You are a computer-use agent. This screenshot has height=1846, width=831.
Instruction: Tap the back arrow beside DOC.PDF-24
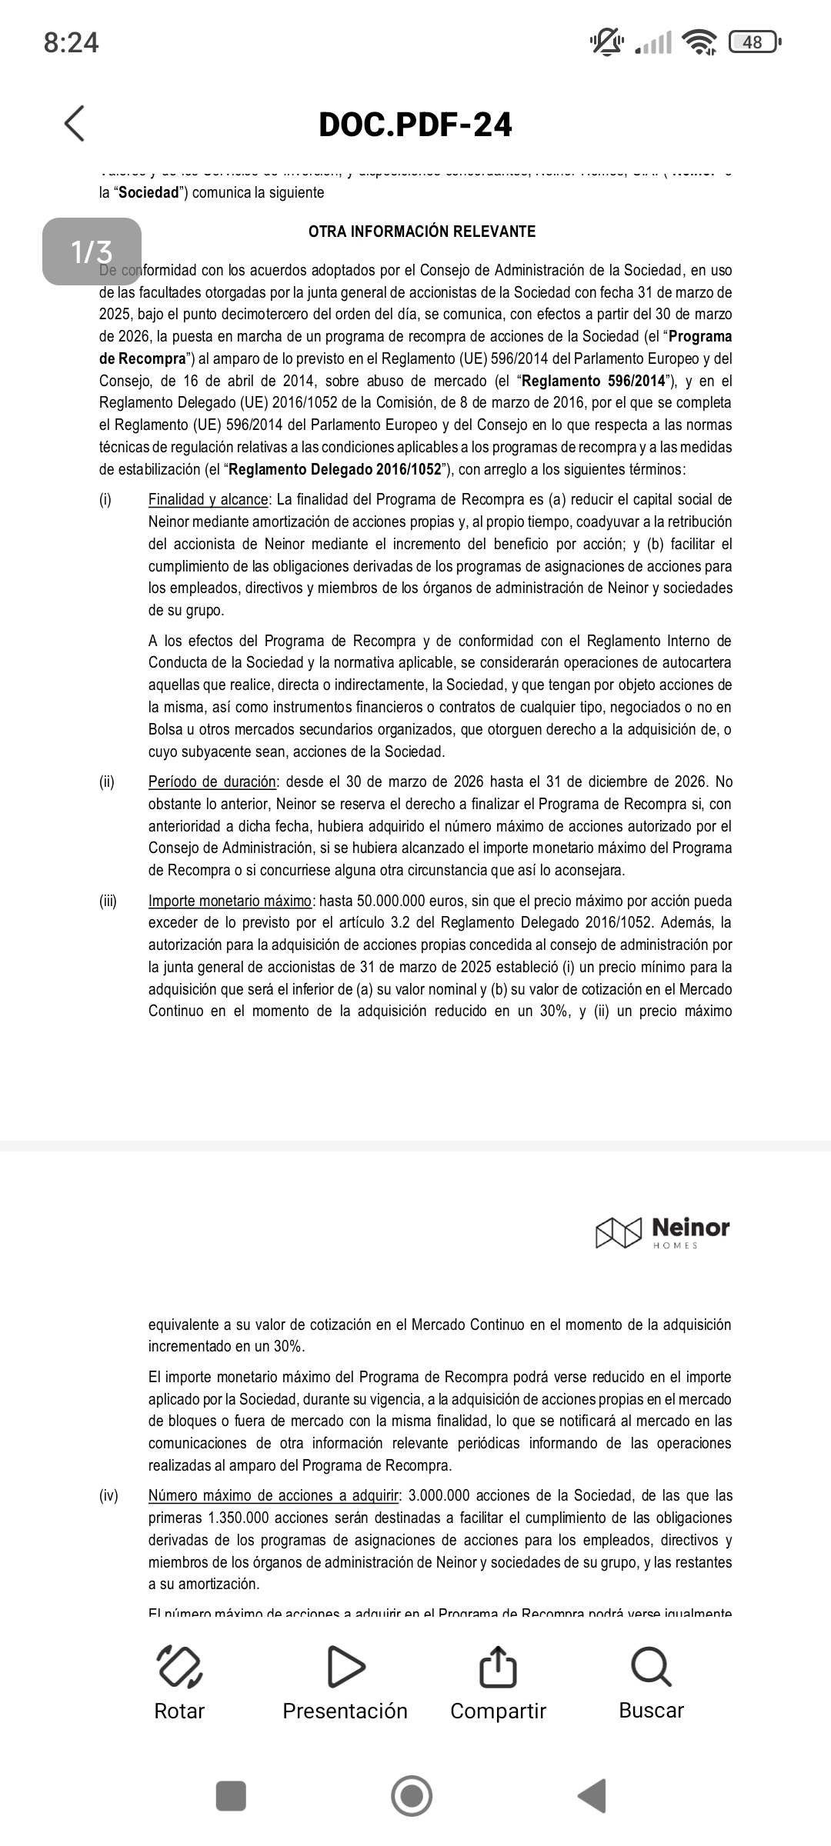tap(75, 124)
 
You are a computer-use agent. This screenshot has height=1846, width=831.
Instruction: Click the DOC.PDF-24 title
tap(415, 125)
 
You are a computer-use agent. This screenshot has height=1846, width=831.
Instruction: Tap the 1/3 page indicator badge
tap(92, 252)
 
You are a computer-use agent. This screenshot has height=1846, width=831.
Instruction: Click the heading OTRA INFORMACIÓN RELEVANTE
tap(422, 232)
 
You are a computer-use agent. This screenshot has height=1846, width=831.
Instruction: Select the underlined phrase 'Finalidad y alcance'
tap(208, 500)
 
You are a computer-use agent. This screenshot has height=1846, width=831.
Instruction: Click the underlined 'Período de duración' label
tap(212, 782)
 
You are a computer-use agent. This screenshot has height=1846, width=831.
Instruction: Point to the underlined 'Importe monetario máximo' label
tap(230, 901)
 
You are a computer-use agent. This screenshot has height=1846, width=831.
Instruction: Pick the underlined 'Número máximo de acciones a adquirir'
tap(274, 1496)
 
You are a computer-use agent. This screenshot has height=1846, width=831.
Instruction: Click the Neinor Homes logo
tap(662, 1232)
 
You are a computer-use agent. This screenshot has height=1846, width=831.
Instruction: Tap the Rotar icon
tap(179, 1667)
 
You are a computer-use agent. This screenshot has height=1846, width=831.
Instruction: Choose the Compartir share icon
tap(497, 1667)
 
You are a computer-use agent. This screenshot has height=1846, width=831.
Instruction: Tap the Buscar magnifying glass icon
tap(651, 1667)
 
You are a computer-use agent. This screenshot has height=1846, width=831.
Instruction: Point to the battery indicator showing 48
tap(754, 42)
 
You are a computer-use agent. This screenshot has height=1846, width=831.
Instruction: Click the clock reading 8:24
tap(72, 42)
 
